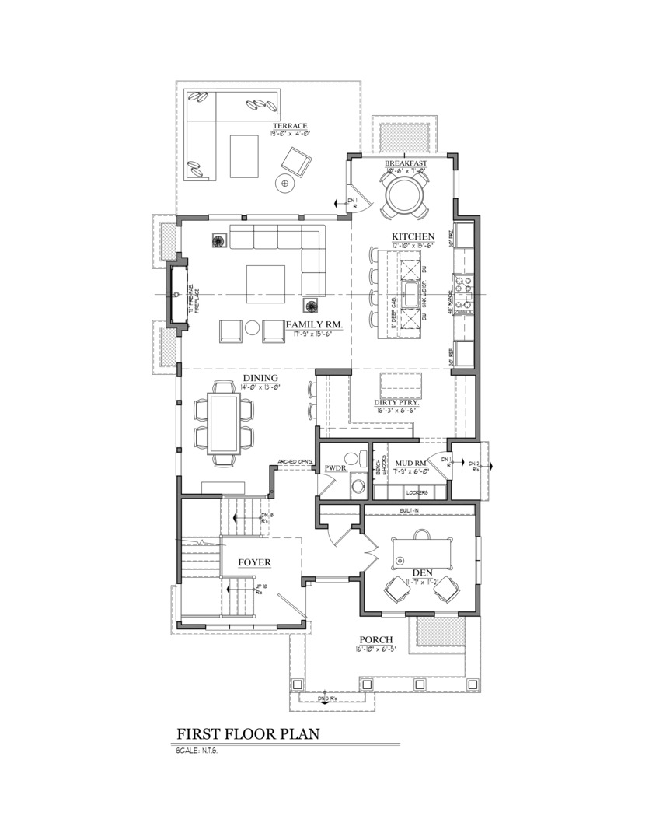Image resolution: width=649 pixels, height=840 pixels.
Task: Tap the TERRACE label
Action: tap(290, 126)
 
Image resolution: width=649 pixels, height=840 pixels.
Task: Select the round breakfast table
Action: tap(403, 195)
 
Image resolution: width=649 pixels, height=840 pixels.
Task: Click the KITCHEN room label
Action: tap(413, 236)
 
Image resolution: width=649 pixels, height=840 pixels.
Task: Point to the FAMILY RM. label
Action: tap(315, 324)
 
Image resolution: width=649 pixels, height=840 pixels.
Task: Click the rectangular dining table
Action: tap(225, 423)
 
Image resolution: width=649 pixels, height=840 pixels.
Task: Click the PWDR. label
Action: tap(335, 468)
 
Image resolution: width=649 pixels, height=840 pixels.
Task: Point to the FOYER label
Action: tap(254, 562)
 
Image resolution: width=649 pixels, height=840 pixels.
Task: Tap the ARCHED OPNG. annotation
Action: tap(291, 461)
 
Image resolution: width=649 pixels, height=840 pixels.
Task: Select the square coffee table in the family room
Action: tap(267, 283)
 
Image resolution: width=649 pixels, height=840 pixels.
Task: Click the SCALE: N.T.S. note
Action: tap(196, 751)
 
